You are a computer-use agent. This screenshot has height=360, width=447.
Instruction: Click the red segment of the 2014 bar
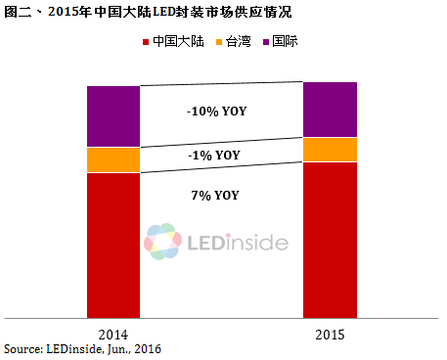point(113,245)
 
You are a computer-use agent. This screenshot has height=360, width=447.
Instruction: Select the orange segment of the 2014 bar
point(113,159)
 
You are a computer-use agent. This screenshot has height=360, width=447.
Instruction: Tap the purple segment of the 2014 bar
point(113,116)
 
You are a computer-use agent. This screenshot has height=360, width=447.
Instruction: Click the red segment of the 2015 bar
point(330,240)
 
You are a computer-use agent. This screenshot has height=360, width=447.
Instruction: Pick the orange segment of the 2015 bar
point(330,150)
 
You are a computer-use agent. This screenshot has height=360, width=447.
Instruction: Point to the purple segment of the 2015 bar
point(330,110)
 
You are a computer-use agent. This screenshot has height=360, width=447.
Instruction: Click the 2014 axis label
point(113,333)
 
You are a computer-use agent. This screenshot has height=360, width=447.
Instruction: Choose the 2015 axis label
point(330,333)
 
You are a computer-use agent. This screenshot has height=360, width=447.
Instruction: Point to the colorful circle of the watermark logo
point(162,241)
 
